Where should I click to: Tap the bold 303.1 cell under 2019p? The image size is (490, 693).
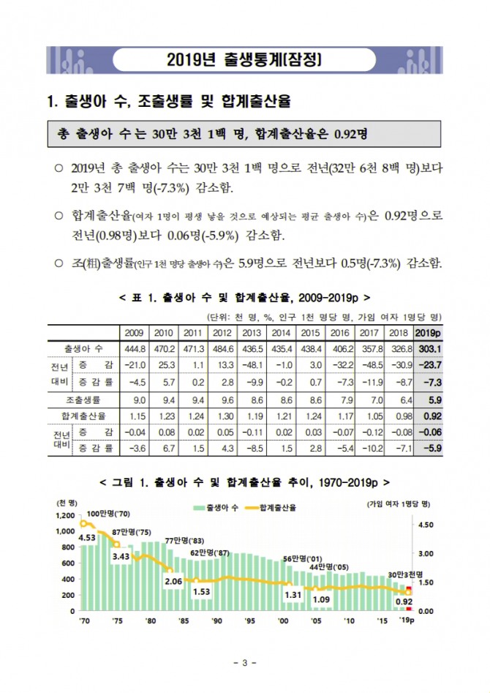tap(429, 348)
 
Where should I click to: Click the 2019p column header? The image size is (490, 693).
tap(429, 332)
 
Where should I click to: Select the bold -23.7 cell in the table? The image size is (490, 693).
tap(429, 364)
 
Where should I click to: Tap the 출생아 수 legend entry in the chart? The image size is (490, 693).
tap(217, 507)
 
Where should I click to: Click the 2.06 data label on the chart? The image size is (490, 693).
tap(173, 581)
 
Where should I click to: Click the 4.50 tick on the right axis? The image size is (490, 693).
tap(426, 525)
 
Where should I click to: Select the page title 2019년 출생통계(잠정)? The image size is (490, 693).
tap(245, 59)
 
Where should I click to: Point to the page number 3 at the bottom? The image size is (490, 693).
tap(245, 663)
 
